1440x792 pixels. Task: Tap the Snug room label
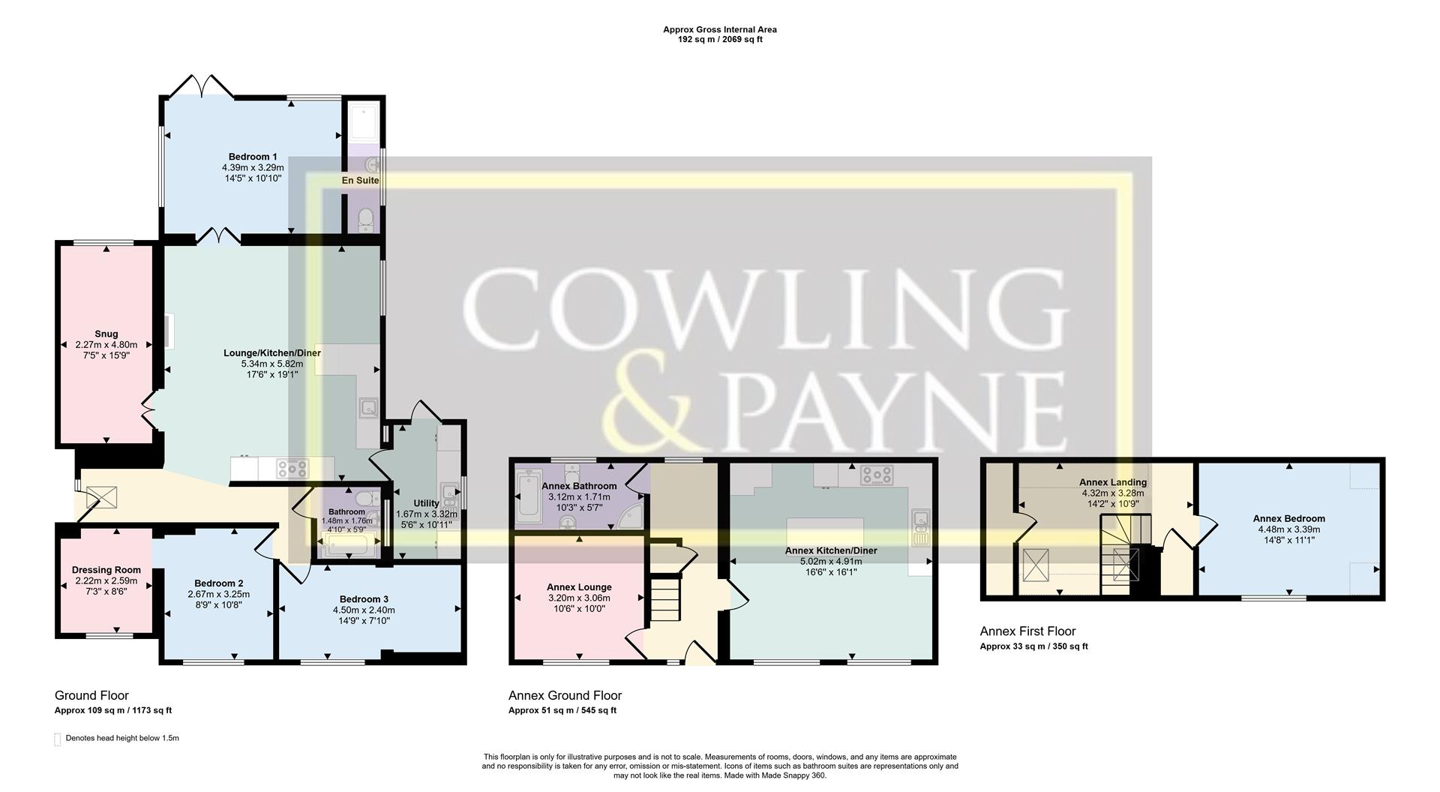106,334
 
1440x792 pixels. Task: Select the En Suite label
361,180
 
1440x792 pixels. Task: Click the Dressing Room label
106,570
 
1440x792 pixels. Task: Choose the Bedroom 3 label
364,598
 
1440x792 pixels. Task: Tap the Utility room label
426,503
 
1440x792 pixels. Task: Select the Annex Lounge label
579,586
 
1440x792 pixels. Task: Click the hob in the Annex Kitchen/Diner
877,474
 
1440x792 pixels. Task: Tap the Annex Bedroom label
1288,518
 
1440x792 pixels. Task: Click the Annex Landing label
1113,482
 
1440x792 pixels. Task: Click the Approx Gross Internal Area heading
720,30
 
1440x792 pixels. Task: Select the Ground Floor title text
91,695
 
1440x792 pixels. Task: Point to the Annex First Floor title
1027,631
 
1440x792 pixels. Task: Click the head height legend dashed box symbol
58,739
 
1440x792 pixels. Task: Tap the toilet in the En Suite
366,219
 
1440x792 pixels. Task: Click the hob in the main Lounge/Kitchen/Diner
292,469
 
